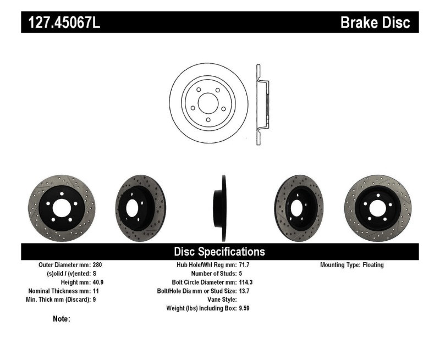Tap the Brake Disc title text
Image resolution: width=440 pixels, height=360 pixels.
375,23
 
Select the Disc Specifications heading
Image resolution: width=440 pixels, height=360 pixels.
219,252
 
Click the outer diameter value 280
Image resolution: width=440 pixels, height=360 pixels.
98,265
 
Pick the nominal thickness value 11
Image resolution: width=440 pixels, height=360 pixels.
96,291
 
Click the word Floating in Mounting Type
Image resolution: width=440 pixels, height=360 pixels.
373,265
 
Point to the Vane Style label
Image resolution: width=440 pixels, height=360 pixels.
218,300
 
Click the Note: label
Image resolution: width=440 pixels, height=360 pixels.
61,319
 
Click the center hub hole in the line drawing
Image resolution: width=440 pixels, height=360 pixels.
209,103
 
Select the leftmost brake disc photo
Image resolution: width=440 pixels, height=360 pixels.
61,208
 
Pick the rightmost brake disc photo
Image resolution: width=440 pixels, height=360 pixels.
378,208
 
